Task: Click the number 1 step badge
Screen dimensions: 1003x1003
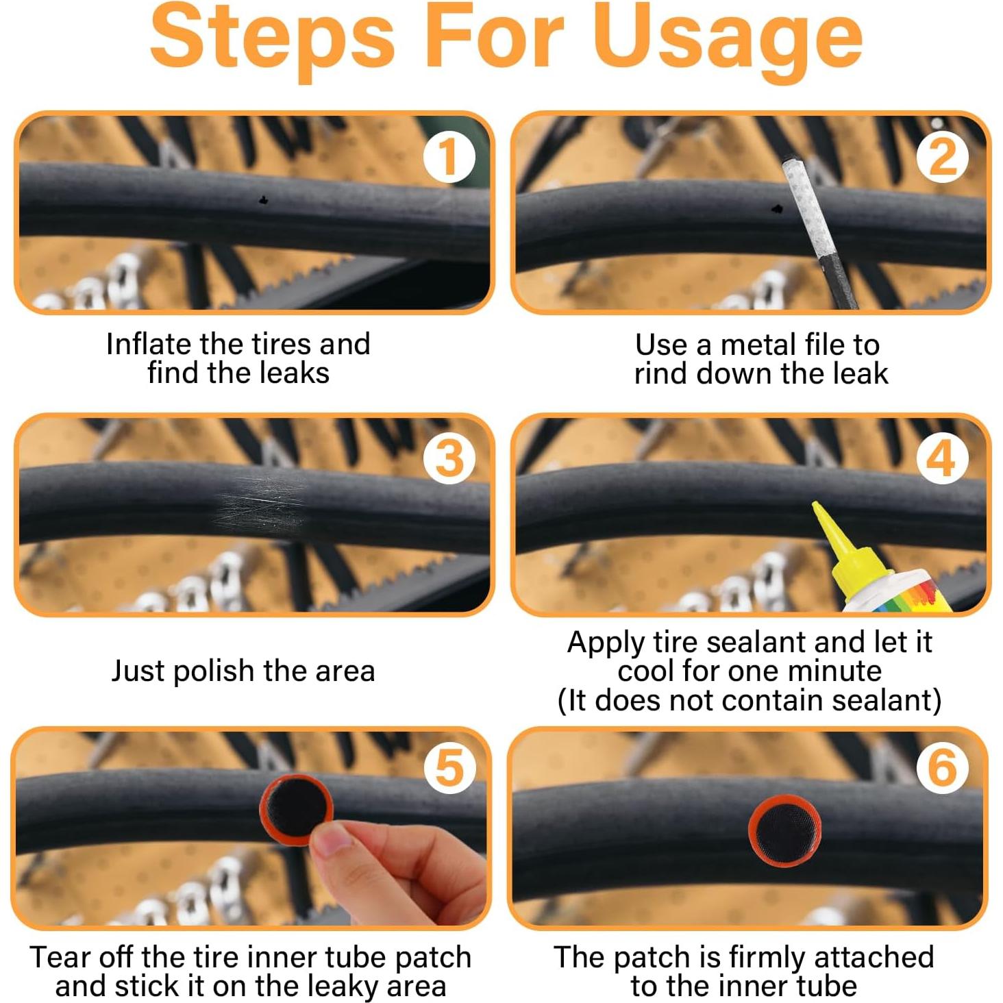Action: [x=449, y=157]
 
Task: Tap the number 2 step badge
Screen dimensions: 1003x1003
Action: [x=941, y=157]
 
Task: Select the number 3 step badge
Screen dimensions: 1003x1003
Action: [x=449, y=458]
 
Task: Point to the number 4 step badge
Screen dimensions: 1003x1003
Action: [x=941, y=458]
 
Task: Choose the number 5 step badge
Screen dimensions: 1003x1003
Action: [x=449, y=768]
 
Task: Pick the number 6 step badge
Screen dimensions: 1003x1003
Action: [x=941, y=768]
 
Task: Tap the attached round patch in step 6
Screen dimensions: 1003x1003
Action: [x=784, y=830]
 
